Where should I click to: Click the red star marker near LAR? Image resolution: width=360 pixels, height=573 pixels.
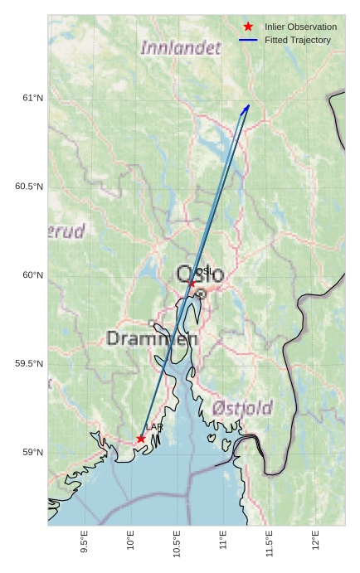click(141, 438)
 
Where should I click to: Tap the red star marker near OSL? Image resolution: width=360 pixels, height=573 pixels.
click(192, 283)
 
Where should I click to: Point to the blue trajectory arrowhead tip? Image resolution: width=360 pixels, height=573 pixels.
click(249, 105)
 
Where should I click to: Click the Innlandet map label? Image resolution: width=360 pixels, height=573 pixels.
click(181, 48)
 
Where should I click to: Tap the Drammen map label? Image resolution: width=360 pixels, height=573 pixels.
click(152, 338)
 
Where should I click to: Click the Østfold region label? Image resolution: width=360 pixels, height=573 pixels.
click(242, 407)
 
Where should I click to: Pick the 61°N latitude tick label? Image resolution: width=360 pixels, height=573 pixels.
click(32, 99)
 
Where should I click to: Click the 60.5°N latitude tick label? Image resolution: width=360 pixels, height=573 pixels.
click(28, 187)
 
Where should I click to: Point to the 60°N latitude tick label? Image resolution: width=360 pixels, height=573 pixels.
click(32, 275)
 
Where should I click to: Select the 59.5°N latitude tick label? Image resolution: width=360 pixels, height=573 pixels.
click(28, 364)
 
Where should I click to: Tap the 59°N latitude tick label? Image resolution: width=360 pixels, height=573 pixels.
click(32, 452)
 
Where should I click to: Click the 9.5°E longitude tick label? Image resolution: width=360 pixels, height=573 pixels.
click(84, 541)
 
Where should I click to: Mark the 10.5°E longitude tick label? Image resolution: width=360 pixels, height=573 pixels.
click(177, 541)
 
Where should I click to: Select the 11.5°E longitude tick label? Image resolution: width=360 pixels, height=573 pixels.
click(269, 541)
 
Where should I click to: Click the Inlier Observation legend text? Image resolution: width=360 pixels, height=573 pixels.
click(300, 27)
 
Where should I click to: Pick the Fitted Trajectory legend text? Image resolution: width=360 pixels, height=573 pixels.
click(298, 40)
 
